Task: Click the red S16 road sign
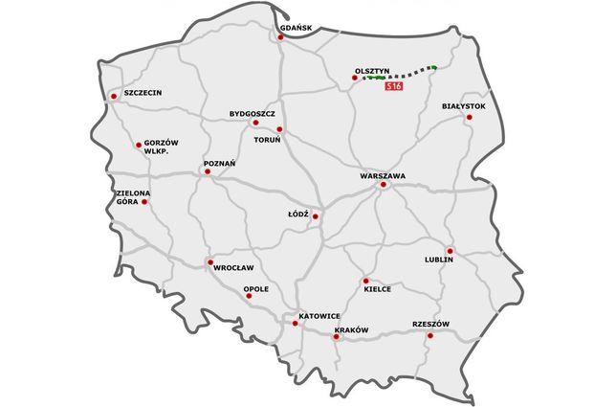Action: point(392,87)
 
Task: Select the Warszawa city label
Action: point(383,176)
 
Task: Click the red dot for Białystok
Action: point(469,117)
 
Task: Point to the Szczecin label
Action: point(143,93)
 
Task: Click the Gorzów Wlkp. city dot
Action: point(138,145)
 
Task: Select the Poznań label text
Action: point(219,164)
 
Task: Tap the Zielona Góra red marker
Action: point(144,201)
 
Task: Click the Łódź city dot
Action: point(315,216)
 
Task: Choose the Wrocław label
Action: point(233,267)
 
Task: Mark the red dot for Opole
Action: point(249,296)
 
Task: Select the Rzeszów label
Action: point(430,324)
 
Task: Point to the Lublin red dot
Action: point(450,251)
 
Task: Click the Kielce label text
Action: point(377,288)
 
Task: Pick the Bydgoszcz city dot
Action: point(254,123)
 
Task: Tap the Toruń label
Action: point(266,140)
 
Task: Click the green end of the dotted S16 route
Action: point(433,66)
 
